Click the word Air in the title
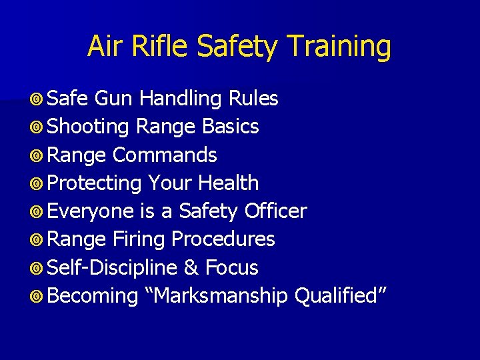click(102, 47)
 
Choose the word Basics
click(231, 127)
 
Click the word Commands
click(165, 155)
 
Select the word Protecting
click(95, 183)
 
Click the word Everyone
click(91, 211)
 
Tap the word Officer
click(275, 211)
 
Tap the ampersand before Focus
click(191, 268)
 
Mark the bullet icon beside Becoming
click(38, 297)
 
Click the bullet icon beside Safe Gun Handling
click(38, 99)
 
